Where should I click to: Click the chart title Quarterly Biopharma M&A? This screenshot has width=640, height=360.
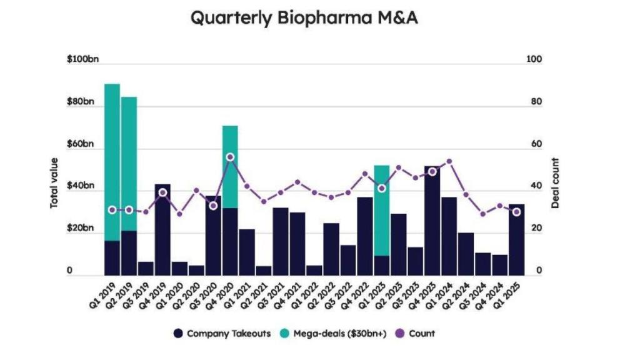tap(304, 18)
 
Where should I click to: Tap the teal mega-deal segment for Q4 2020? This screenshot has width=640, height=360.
tap(230, 166)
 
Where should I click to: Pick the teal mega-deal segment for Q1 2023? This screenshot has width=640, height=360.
tap(382, 210)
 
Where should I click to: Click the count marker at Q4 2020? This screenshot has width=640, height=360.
tap(230, 157)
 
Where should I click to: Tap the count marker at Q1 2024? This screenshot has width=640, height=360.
tap(449, 161)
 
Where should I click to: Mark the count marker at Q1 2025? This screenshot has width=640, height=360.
tap(516, 212)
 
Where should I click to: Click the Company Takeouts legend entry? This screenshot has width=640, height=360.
tap(222, 334)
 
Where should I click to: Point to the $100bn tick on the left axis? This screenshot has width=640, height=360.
tap(83, 59)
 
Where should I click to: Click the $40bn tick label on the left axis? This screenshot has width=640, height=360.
tap(81, 186)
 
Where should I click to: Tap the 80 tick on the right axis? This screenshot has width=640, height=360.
tap(534, 102)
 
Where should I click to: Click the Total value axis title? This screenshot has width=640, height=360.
tap(55, 182)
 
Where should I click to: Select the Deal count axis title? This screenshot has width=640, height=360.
tap(556, 182)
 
